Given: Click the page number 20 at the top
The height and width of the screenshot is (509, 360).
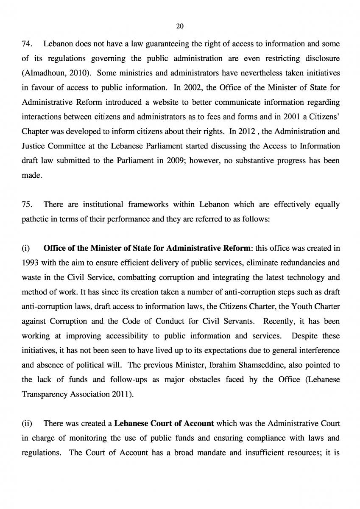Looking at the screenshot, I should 179,26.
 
